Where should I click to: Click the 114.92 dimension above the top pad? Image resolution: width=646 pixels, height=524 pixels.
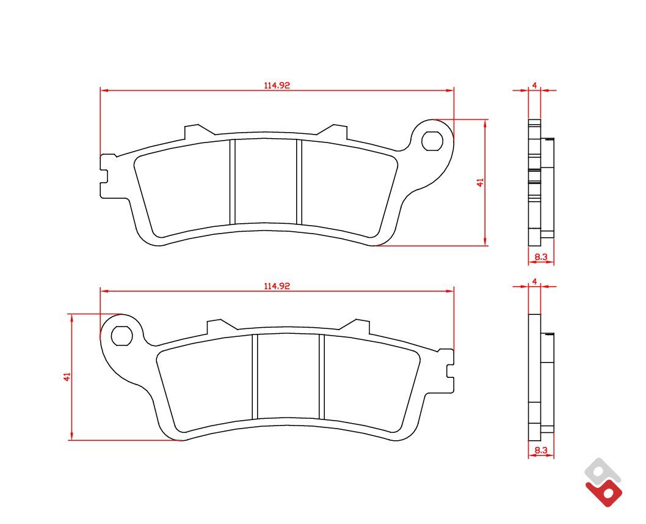[277, 86]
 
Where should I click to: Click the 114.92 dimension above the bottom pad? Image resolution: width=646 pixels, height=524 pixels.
[277, 286]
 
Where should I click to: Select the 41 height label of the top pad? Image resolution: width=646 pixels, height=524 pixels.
[480, 182]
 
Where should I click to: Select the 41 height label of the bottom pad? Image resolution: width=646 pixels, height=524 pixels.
[67, 376]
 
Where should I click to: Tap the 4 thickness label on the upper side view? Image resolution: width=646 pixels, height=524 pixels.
[534, 86]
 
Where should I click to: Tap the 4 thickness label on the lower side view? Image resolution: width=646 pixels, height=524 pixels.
[534, 281]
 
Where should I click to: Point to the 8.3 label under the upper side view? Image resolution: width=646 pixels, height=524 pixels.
[541, 257]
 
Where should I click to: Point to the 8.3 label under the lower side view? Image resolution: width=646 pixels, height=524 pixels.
[541, 451]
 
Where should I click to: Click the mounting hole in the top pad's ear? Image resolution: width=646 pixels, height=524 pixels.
[432, 141]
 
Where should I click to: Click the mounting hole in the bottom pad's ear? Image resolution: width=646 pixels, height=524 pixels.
[122, 336]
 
